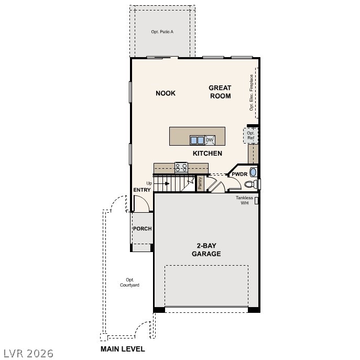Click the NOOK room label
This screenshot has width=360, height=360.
coord(166,93)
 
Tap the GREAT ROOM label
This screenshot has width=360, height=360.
coord(220,92)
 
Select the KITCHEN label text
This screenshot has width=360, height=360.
coord(208,154)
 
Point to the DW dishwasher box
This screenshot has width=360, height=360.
coord(210,140)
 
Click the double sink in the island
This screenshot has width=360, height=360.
coord(197,140)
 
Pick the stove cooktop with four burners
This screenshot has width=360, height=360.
coord(181,167)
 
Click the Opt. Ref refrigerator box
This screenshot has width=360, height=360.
coord(250,136)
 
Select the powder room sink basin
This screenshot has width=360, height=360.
coord(254,172)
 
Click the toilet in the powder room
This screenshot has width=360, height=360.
coord(251,184)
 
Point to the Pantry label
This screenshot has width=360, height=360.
coord(200,183)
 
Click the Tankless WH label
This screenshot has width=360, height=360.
coord(244,200)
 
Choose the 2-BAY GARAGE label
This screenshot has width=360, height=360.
coord(209,249)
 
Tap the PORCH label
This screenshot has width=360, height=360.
coord(142,228)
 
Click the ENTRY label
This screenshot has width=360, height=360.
coord(142,190)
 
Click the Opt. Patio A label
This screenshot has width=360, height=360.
coord(162,32)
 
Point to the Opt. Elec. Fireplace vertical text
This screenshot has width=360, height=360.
coord(252,92)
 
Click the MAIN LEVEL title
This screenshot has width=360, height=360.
coord(123,348)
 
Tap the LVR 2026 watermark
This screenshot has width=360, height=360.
coord(27,353)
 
